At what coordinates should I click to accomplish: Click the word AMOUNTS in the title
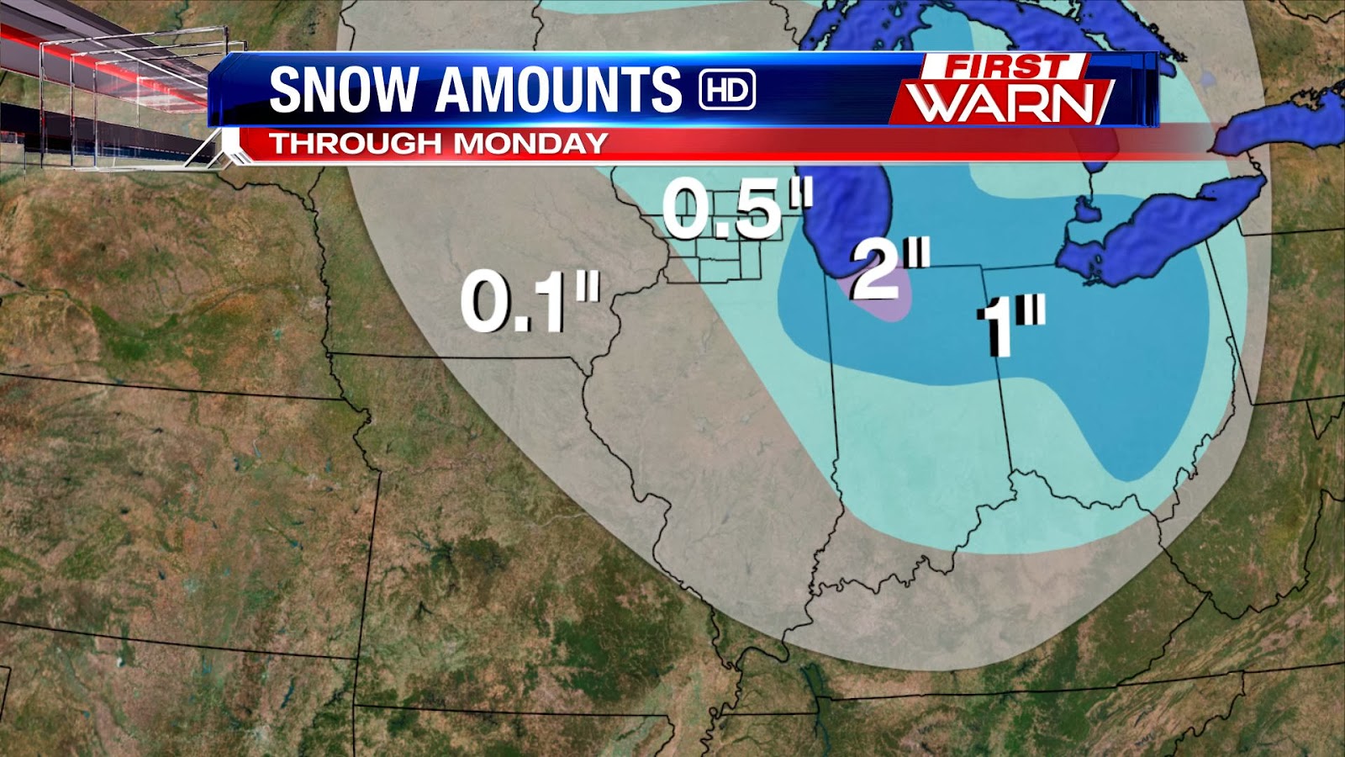point(558,89)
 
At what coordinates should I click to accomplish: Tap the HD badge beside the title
point(727,89)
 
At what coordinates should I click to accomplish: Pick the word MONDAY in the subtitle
point(530,143)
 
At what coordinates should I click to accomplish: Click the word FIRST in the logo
point(1005,66)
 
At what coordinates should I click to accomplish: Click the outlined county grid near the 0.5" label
point(715,257)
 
